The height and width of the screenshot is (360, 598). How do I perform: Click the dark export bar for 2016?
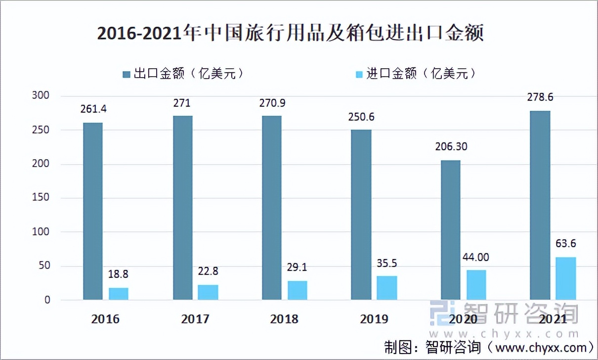pos(92,211)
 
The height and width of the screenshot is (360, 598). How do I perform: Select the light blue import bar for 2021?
pos(565,278)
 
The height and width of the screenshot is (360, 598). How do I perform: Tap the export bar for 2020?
pos(450,230)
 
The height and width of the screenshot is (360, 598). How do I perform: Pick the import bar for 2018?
pos(297,290)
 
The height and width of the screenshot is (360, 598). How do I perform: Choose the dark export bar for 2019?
pos(361,215)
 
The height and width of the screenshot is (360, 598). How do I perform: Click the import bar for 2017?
pos(208,292)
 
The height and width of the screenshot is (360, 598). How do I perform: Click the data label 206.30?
pos(450,147)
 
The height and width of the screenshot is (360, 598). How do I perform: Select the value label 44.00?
pos(476,257)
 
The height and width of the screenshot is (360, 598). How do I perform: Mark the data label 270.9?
pos(272,103)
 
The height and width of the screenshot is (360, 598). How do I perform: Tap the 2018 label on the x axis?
pos(284,319)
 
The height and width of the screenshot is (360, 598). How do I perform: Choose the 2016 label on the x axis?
pos(105,319)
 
